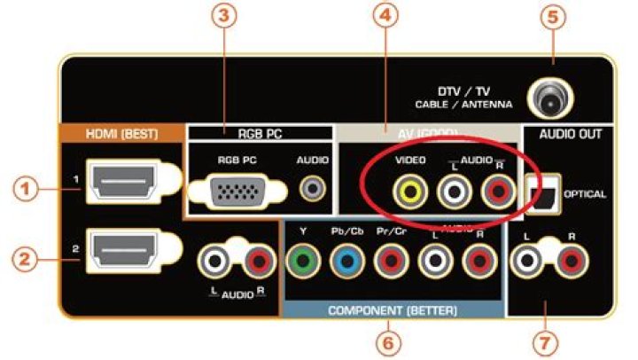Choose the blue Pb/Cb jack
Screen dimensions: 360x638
click(x=346, y=261)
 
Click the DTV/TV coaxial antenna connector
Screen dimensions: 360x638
click(x=546, y=99)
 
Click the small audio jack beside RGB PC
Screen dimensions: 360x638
click(x=311, y=189)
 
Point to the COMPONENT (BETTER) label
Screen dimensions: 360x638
click(x=393, y=311)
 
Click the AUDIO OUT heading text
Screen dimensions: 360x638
click(x=571, y=135)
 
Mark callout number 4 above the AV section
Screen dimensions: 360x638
click(x=384, y=20)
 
